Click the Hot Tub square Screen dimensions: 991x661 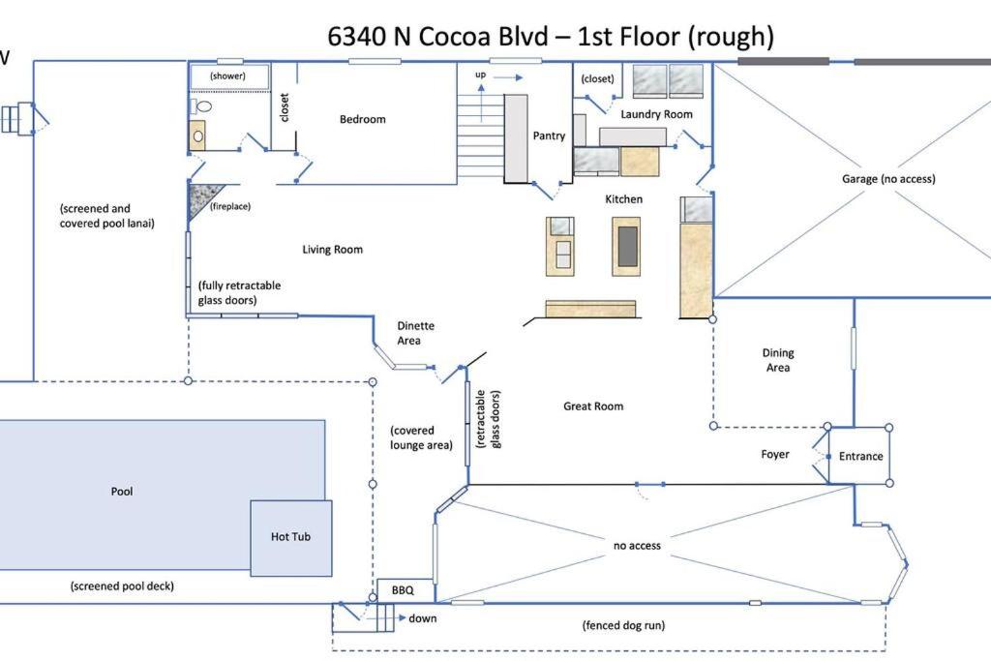pos(291,538)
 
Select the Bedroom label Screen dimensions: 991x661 pos(362,119)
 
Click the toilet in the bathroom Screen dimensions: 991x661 pos(202,105)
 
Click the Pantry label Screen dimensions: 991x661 pos(549,135)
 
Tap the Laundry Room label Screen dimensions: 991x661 pos(656,114)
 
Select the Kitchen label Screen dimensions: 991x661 pos(623,199)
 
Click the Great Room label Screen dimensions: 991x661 pos(593,406)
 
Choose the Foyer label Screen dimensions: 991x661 pos(775,454)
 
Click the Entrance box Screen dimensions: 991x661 pos(859,456)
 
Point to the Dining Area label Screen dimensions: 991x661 pos(778,360)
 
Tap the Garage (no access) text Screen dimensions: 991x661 pos(888,179)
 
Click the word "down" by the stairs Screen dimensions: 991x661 pos(422,618)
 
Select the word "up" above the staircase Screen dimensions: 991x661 pos(480,75)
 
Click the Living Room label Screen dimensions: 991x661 pos(333,250)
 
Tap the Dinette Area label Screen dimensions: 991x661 pos(415,333)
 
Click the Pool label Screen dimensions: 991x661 pos(122,491)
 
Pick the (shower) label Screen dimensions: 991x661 pos(227,75)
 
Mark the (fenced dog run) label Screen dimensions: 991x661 pos(623,625)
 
